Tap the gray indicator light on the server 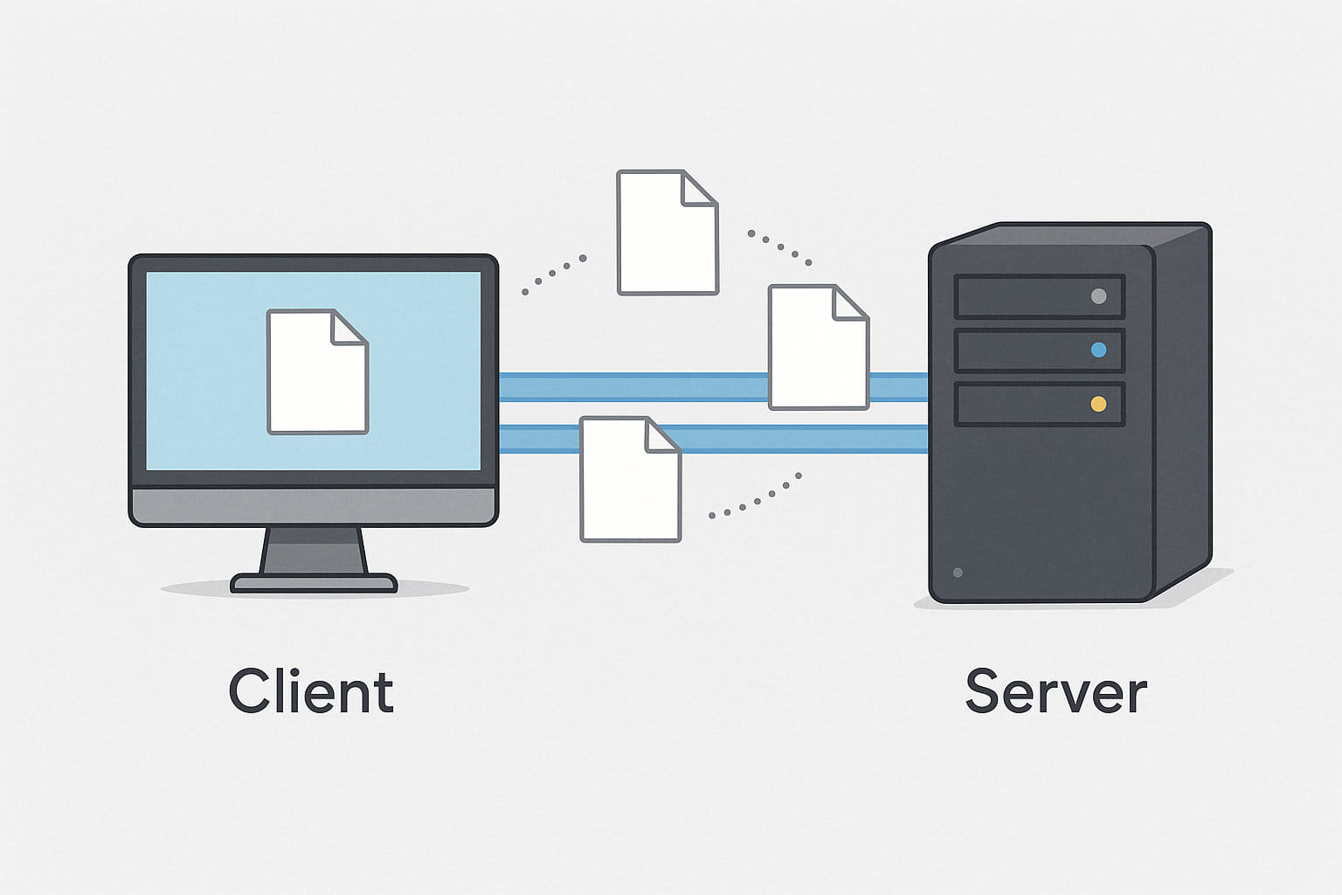1099,296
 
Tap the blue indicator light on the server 1099,350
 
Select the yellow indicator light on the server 1099,404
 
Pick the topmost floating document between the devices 667,232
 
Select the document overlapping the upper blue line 818,347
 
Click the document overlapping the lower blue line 630,480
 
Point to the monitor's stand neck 314,551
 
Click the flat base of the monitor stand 314,583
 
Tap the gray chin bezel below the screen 314,506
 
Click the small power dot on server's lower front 958,572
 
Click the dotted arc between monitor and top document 552,274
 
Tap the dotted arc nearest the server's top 780,247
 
